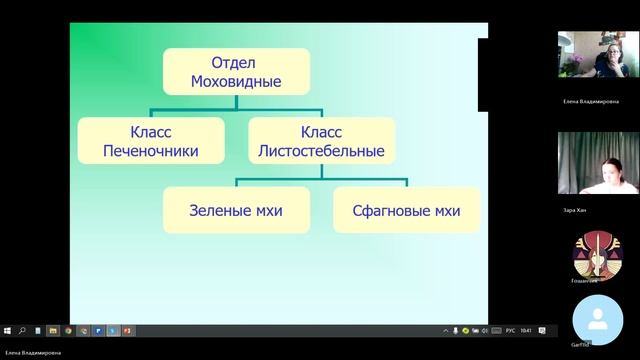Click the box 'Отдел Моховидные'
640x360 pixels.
(236, 70)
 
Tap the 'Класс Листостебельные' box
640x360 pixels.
(322, 141)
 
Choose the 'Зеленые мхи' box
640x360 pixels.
(236, 211)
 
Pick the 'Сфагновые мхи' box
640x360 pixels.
(407, 211)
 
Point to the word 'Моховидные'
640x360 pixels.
(236, 80)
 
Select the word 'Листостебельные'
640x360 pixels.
(322, 152)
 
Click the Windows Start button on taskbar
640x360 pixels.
(6, 330)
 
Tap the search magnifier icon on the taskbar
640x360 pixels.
(21, 330)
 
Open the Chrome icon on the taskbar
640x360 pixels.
(68, 330)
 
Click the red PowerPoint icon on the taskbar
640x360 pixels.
(125, 330)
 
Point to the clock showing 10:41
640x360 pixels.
(526, 330)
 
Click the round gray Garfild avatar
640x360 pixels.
(597, 320)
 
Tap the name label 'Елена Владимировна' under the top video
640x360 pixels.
(591, 101)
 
